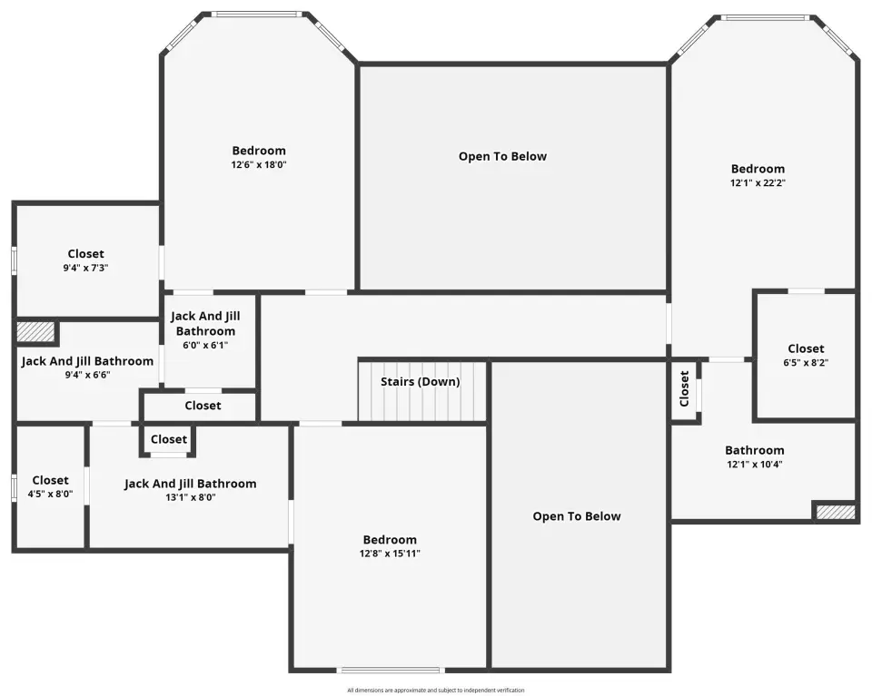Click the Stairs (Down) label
pyautogui.click(x=420, y=382)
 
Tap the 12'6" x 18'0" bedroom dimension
pyautogui.click(x=259, y=164)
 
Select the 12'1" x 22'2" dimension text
pyautogui.click(x=758, y=182)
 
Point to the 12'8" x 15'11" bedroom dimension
pyautogui.click(x=390, y=554)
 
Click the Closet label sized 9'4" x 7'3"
pyautogui.click(x=85, y=254)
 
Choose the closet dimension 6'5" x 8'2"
pyautogui.click(x=806, y=363)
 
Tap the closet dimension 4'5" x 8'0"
pyautogui.click(x=51, y=494)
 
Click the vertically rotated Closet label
pyautogui.click(x=684, y=388)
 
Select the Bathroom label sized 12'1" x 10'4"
pyautogui.click(x=755, y=450)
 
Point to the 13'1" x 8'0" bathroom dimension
pyautogui.click(x=190, y=497)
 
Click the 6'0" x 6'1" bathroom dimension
pyautogui.click(x=205, y=345)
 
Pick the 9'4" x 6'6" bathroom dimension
pyautogui.click(x=87, y=375)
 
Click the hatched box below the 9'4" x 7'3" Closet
pyautogui.click(x=35, y=331)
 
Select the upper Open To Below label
pyautogui.click(x=502, y=157)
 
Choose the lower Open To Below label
pyautogui.click(x=577, y=516)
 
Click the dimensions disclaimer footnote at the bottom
pyautogui.click(x=435, y=691)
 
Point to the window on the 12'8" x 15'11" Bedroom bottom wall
pyautogui.click(x=390, y=670)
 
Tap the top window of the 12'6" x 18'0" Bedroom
pyautogui.click(x=259, y=15)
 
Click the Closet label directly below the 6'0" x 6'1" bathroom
pyautogui.click(x=203, y=406)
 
